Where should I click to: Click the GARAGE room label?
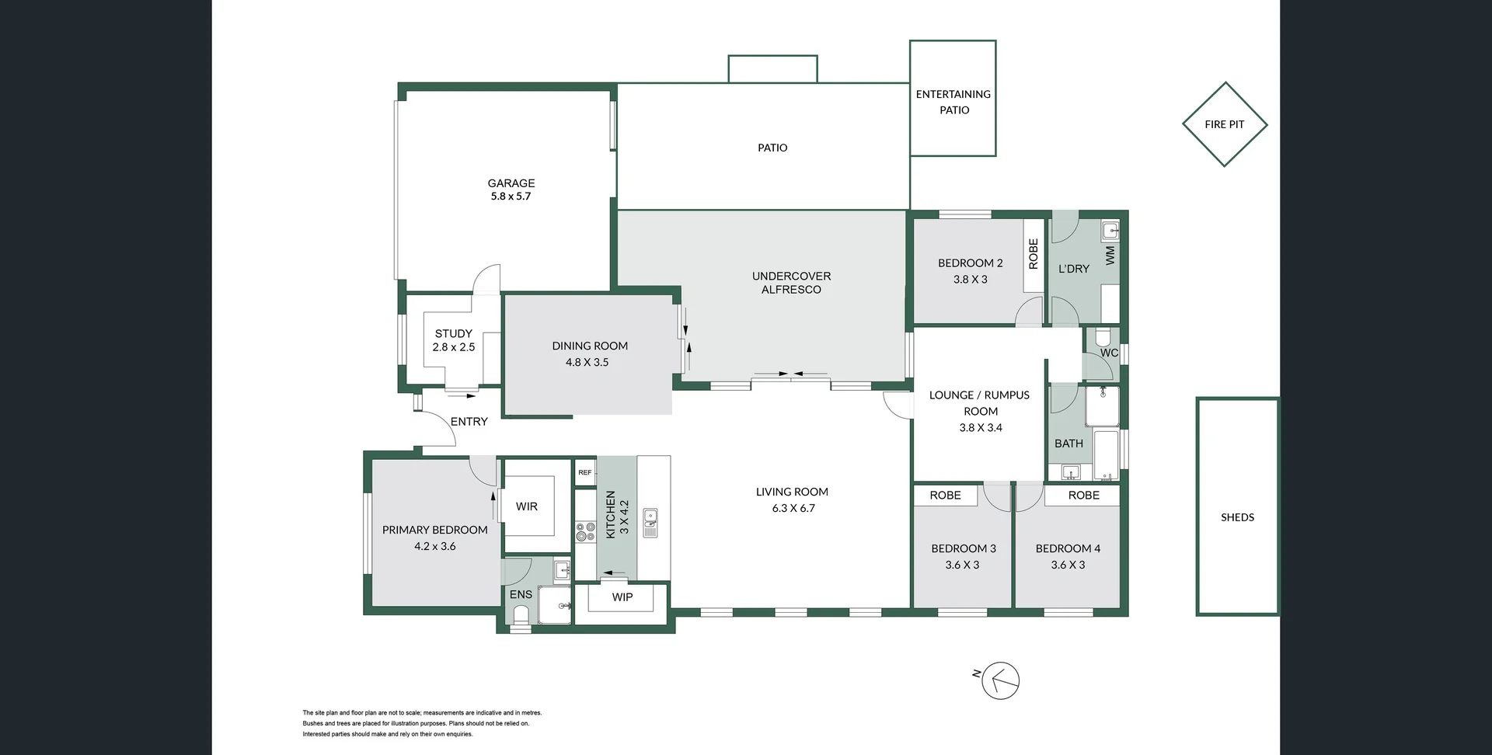tap(511, 183)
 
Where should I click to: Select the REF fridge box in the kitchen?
tap(585, 472)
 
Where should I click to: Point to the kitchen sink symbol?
tap(650, 523)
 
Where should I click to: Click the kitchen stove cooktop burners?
tap(585, 532)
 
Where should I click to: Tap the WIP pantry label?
tap(622, 597)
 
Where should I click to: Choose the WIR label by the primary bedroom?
tap(527, 506)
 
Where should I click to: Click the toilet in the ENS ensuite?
tap(521, 615)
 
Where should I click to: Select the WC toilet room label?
tap(1109, 353)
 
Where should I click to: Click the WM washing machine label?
tap(1110, 255)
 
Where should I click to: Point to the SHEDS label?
tap(1238, 517)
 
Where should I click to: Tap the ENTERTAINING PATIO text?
tap(953, 102)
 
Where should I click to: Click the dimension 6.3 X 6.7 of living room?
tap(793, 508)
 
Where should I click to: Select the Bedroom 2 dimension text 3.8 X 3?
tap(971, 280)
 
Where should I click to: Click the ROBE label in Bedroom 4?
tap(1084, 495)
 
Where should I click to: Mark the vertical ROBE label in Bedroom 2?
tap(1034, 254)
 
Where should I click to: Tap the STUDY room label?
tap(454, 333)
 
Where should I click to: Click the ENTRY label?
tap(469, 421)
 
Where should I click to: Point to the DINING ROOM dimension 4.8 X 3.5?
tap(587, 362)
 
